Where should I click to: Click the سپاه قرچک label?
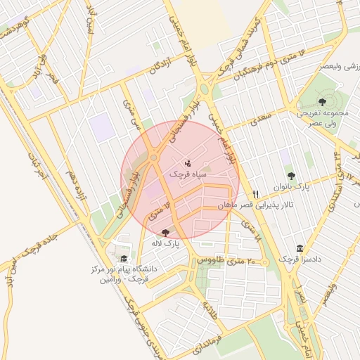tap(187, 172)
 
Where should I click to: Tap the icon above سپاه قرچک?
tap(187, 163)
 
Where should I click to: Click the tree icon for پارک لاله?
tap(166, 233)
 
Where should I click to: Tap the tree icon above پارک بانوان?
tap(291, 176)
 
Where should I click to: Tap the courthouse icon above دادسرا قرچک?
tap(300, 249)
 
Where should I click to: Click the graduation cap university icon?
tap(124, 258)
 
